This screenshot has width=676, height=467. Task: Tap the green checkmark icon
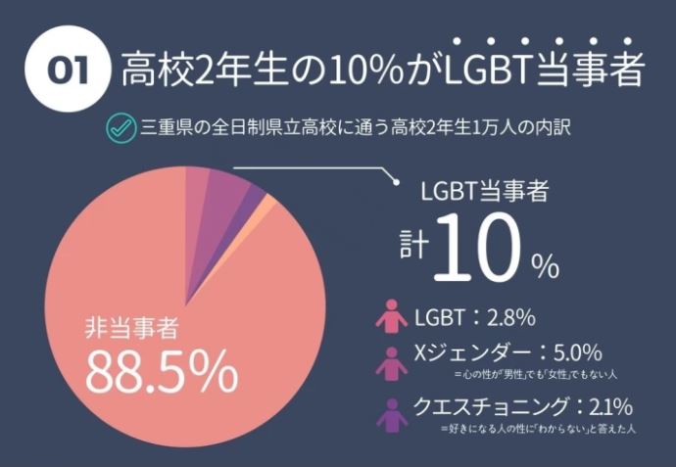pyautogui.click(x=121, y=128)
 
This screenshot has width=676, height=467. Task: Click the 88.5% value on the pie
pyautogui.click(x=161, y=370)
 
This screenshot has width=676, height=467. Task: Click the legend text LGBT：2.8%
pyautogui.click(x=474, y=317)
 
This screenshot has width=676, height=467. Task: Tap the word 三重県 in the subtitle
pyautogui.click(x=163, y=128)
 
